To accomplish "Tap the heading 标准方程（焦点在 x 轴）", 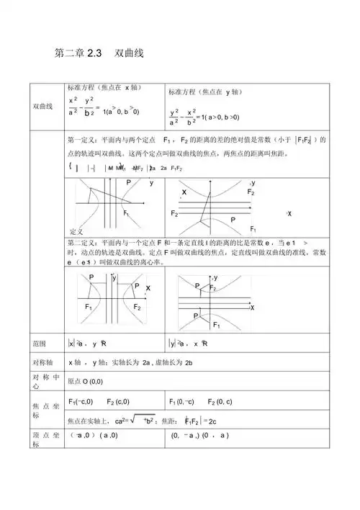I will [x=100, y=86].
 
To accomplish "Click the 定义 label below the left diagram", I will [x=78, y=231].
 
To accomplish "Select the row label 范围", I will [x=40, y=344].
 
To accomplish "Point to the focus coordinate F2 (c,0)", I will [x=118, y=401].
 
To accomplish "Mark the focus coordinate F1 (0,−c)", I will [x=181, y=401].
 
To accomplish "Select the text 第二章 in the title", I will [x=69, y=53].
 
